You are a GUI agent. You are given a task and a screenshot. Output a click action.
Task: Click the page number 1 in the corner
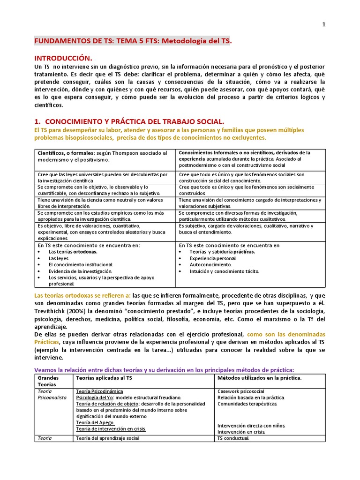pos(323,25)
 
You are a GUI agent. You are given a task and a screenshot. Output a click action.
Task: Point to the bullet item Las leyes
pos(59,258)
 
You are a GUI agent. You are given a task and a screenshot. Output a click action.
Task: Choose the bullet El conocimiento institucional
pos(81,265)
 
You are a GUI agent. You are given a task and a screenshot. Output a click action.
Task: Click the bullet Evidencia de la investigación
pos(80,271)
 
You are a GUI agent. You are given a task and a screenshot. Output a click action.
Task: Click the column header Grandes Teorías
pos(49,381)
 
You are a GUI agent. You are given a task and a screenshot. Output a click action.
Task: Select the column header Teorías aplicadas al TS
pos(103,378)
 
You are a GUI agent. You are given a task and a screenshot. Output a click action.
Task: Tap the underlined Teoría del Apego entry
pos(95,422)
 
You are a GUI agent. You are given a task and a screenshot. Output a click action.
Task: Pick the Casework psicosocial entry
pos(241,391)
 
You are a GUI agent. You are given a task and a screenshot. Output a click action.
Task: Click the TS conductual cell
pos(233,438)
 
